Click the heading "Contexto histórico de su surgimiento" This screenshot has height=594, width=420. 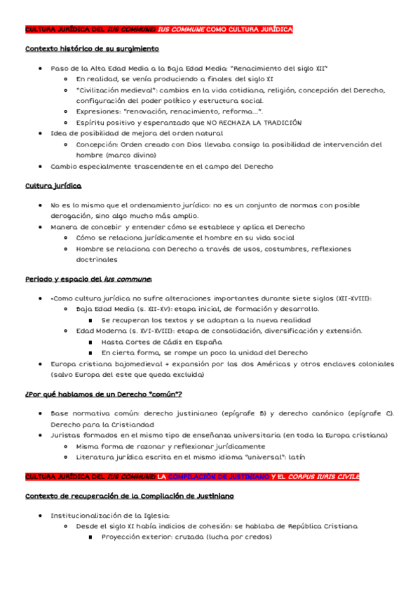(x=92, y=49)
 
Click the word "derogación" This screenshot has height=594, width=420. (x=73, y=216)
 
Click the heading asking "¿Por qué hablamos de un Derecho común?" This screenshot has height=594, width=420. (x=103, y=394)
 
